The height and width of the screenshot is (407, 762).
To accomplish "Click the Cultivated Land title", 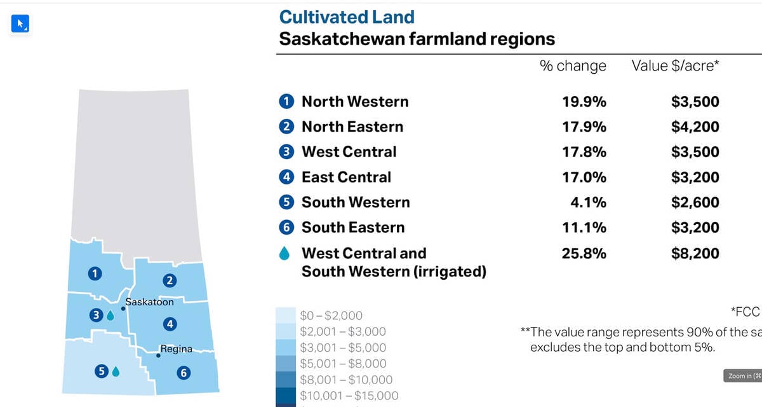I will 347,17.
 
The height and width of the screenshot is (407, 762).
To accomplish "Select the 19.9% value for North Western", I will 584,102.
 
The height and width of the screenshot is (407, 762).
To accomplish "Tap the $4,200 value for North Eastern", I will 695,127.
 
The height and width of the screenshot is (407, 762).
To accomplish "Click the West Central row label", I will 349,152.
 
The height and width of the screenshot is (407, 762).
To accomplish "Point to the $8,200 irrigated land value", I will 695,254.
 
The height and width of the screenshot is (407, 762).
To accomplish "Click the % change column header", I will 573,66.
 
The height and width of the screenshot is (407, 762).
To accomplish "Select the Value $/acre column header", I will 675,66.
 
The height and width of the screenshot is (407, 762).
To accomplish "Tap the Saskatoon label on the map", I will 149,302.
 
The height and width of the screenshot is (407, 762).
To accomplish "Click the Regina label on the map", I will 176,349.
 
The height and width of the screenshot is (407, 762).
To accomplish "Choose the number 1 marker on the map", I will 95,273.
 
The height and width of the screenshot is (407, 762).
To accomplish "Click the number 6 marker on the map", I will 184,373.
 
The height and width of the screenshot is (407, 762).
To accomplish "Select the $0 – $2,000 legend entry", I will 331,316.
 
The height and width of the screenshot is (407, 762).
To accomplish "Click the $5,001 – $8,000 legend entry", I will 343,364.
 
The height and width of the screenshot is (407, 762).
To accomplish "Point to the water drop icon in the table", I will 285,254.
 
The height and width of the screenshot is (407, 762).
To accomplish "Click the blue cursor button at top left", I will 20,24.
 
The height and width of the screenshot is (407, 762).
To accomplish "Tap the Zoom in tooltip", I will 742,376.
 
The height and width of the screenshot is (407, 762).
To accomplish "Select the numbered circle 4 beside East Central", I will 286,177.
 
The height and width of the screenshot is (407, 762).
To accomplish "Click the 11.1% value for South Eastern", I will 584,228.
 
